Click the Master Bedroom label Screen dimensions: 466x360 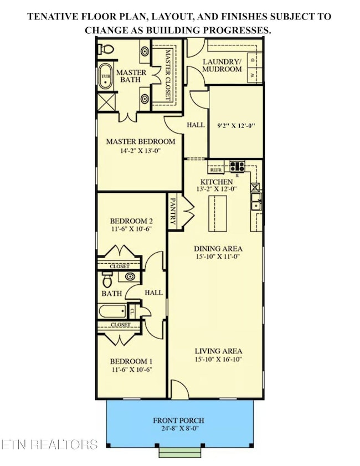(x=141, y=141)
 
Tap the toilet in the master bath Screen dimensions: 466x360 (x=107, y=50)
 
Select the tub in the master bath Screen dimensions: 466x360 (x=105, y=76)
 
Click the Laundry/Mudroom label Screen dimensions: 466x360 (x=222, y=65)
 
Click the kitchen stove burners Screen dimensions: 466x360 (x=238, y=165)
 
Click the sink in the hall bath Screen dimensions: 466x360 (x=129, y=276)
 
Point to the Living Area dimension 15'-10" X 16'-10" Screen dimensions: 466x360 (x=218, y=360)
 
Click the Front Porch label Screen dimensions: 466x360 (x=179, y=420)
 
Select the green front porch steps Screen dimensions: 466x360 (x=179, y=452)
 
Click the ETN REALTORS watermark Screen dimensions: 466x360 (x=50, y=444)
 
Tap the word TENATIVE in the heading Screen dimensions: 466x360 (x=53, y=17)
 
